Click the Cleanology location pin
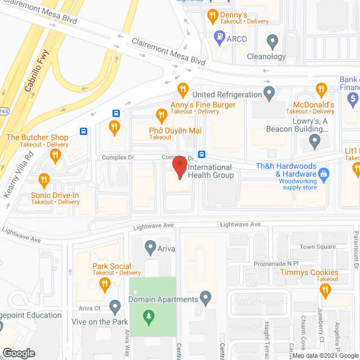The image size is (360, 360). tap(273, 40)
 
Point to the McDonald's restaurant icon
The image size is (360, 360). tap(321, 89)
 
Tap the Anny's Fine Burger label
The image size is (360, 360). tap(202, 105)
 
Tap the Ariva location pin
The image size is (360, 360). tap(150, 246)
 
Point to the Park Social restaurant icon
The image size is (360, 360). tap(103, 285)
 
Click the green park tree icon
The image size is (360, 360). tap(148, 317)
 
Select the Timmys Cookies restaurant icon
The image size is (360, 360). tap(325, 290)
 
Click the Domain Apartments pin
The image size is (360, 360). tap(206, 296)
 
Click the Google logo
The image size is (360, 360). tap(18, 353)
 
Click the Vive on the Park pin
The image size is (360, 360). tap(115, 307)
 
